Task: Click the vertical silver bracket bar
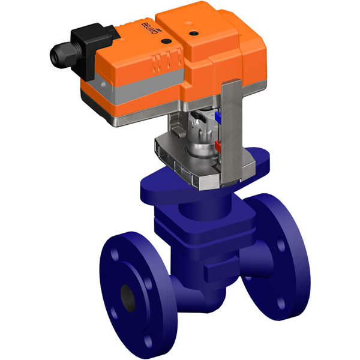(230, 138)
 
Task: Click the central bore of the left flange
(127, 295)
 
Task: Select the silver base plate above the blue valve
(180, 165)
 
